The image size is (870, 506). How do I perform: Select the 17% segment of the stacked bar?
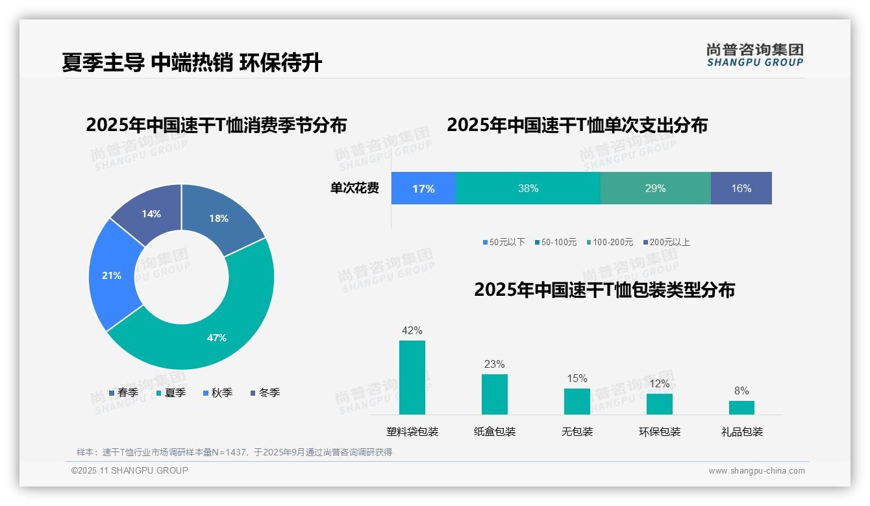(x=423, y=189)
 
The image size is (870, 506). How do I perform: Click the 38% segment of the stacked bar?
(x=528, y=189)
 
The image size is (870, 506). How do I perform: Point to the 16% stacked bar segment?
(x=741, y=189)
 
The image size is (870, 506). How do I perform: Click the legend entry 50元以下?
(x=503, y=242)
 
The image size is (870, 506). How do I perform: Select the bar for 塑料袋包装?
(x=412, y=378)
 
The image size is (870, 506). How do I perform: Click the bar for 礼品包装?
(x=741, y=407)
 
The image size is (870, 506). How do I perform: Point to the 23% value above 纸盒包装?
(x=494, y=364)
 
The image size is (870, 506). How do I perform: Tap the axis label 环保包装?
(x=660, y=431)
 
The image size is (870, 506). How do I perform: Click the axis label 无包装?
(x=577, y=431)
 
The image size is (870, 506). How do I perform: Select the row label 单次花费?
(x=354, y=189)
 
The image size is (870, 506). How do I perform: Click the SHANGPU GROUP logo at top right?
(x=755, y=55)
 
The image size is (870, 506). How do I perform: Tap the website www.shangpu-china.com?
(x=756, y=471)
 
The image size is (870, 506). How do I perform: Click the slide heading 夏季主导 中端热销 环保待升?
(x=192, y=62)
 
